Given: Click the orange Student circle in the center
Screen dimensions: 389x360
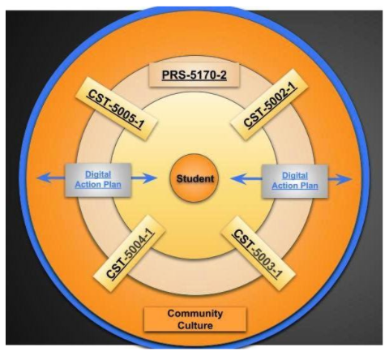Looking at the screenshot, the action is click(x=194, y=178).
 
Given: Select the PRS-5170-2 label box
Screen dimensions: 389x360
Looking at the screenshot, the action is click(x=194, y=75).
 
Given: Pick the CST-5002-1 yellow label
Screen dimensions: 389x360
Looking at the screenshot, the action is click(x=269, y=105).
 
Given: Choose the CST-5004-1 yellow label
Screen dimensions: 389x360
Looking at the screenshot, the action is click(x=129, y=253).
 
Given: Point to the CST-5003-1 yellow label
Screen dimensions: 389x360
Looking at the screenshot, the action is click(x=258, y=253).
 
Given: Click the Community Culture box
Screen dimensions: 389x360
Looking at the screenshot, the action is click(x=195, y=319).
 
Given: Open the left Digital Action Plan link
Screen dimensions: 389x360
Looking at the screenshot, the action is click(x=98, y=179).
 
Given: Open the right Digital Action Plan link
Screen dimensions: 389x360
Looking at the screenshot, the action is click(x=295, y=181).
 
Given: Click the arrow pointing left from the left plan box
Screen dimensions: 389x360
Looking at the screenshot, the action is click(x=51, y=178).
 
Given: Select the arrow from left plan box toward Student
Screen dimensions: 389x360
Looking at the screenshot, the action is click(x=144, y=178).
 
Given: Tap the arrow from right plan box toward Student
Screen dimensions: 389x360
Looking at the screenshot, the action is click(x=246, y=178).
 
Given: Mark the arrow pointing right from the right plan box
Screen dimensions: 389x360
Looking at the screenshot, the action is click(x=340, y=179).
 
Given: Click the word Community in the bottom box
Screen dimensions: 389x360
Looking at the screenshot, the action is click(x=195, y=314).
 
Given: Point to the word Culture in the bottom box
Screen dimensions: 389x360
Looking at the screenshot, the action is click(x=195, y=325).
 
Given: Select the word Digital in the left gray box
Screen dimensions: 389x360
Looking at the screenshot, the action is click(x=98, y=174).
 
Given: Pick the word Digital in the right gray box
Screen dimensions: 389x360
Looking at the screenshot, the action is click(x=295, y=176).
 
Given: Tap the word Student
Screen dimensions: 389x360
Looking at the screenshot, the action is click(x=195, y=178).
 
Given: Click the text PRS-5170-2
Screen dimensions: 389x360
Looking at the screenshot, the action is click(x=194, y=75).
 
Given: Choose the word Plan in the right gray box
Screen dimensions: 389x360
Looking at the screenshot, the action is click(x=309, y=186).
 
